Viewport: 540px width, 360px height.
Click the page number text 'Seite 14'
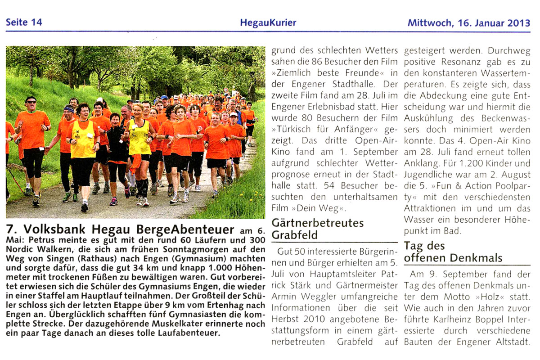pyautogui.click(x=23, y=22)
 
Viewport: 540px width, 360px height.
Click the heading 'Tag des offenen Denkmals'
pyautogui.click(x=453, y=252)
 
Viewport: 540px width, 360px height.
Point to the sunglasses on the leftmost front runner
pyautogui.click(x=31, y=102)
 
